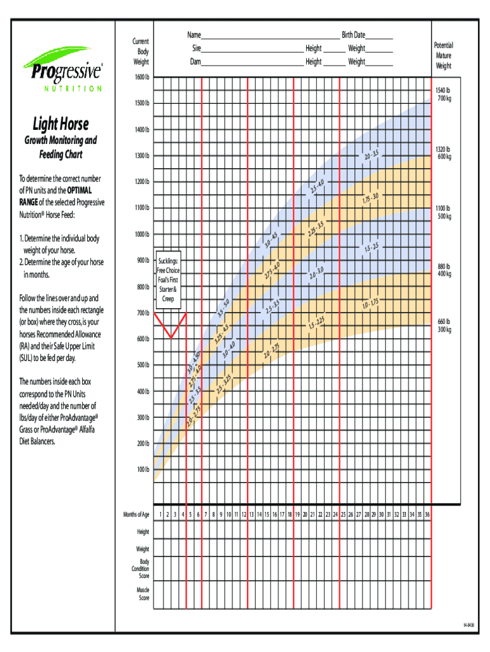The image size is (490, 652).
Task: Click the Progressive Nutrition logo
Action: point(62,69)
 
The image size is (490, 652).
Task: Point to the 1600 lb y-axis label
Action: point(141,77)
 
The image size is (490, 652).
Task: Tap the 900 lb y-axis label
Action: point(142,260)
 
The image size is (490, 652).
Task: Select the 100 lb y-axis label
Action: point(142,470)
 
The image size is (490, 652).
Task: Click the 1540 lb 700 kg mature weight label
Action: point(443,94)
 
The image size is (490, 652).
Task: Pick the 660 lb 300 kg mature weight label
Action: point(444,325)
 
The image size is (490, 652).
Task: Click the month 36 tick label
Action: point(427,514)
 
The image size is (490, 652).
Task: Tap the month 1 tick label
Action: point(160,514)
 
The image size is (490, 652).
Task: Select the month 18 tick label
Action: point(290,514)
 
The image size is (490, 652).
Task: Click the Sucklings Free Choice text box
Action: point(168,280)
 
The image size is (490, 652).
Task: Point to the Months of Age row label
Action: point(136,514)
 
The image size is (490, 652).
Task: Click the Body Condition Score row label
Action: point(141,569)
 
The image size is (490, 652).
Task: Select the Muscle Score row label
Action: point(143,594)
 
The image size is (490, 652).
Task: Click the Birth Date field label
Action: point(353,35)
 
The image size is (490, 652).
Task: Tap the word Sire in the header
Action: point(197,48)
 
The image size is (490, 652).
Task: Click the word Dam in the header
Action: point(196,62)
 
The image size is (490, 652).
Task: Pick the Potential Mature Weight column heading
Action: point(444,55)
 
